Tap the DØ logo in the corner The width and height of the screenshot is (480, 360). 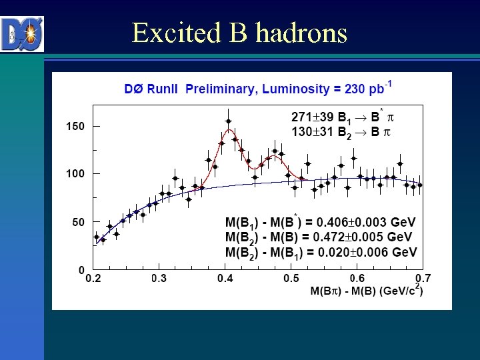click(x=23, y=33)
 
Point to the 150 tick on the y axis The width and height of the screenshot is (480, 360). click(x=74, y=126)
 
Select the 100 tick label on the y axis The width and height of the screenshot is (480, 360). click(x=74, y=174)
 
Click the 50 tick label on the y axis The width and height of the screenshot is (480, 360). click(x=77, y=222)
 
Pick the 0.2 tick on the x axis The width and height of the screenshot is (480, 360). click(x=93, y=278)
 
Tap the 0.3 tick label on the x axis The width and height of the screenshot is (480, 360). click(x=159, y=278)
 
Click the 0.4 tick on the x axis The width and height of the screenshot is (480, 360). click(x=225, y=278)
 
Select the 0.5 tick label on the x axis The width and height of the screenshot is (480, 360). click(x=291, y=278)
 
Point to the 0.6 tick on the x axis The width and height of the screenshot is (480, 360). click(x=357, y=278)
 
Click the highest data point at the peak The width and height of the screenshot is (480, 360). click(x=228, y=121)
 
